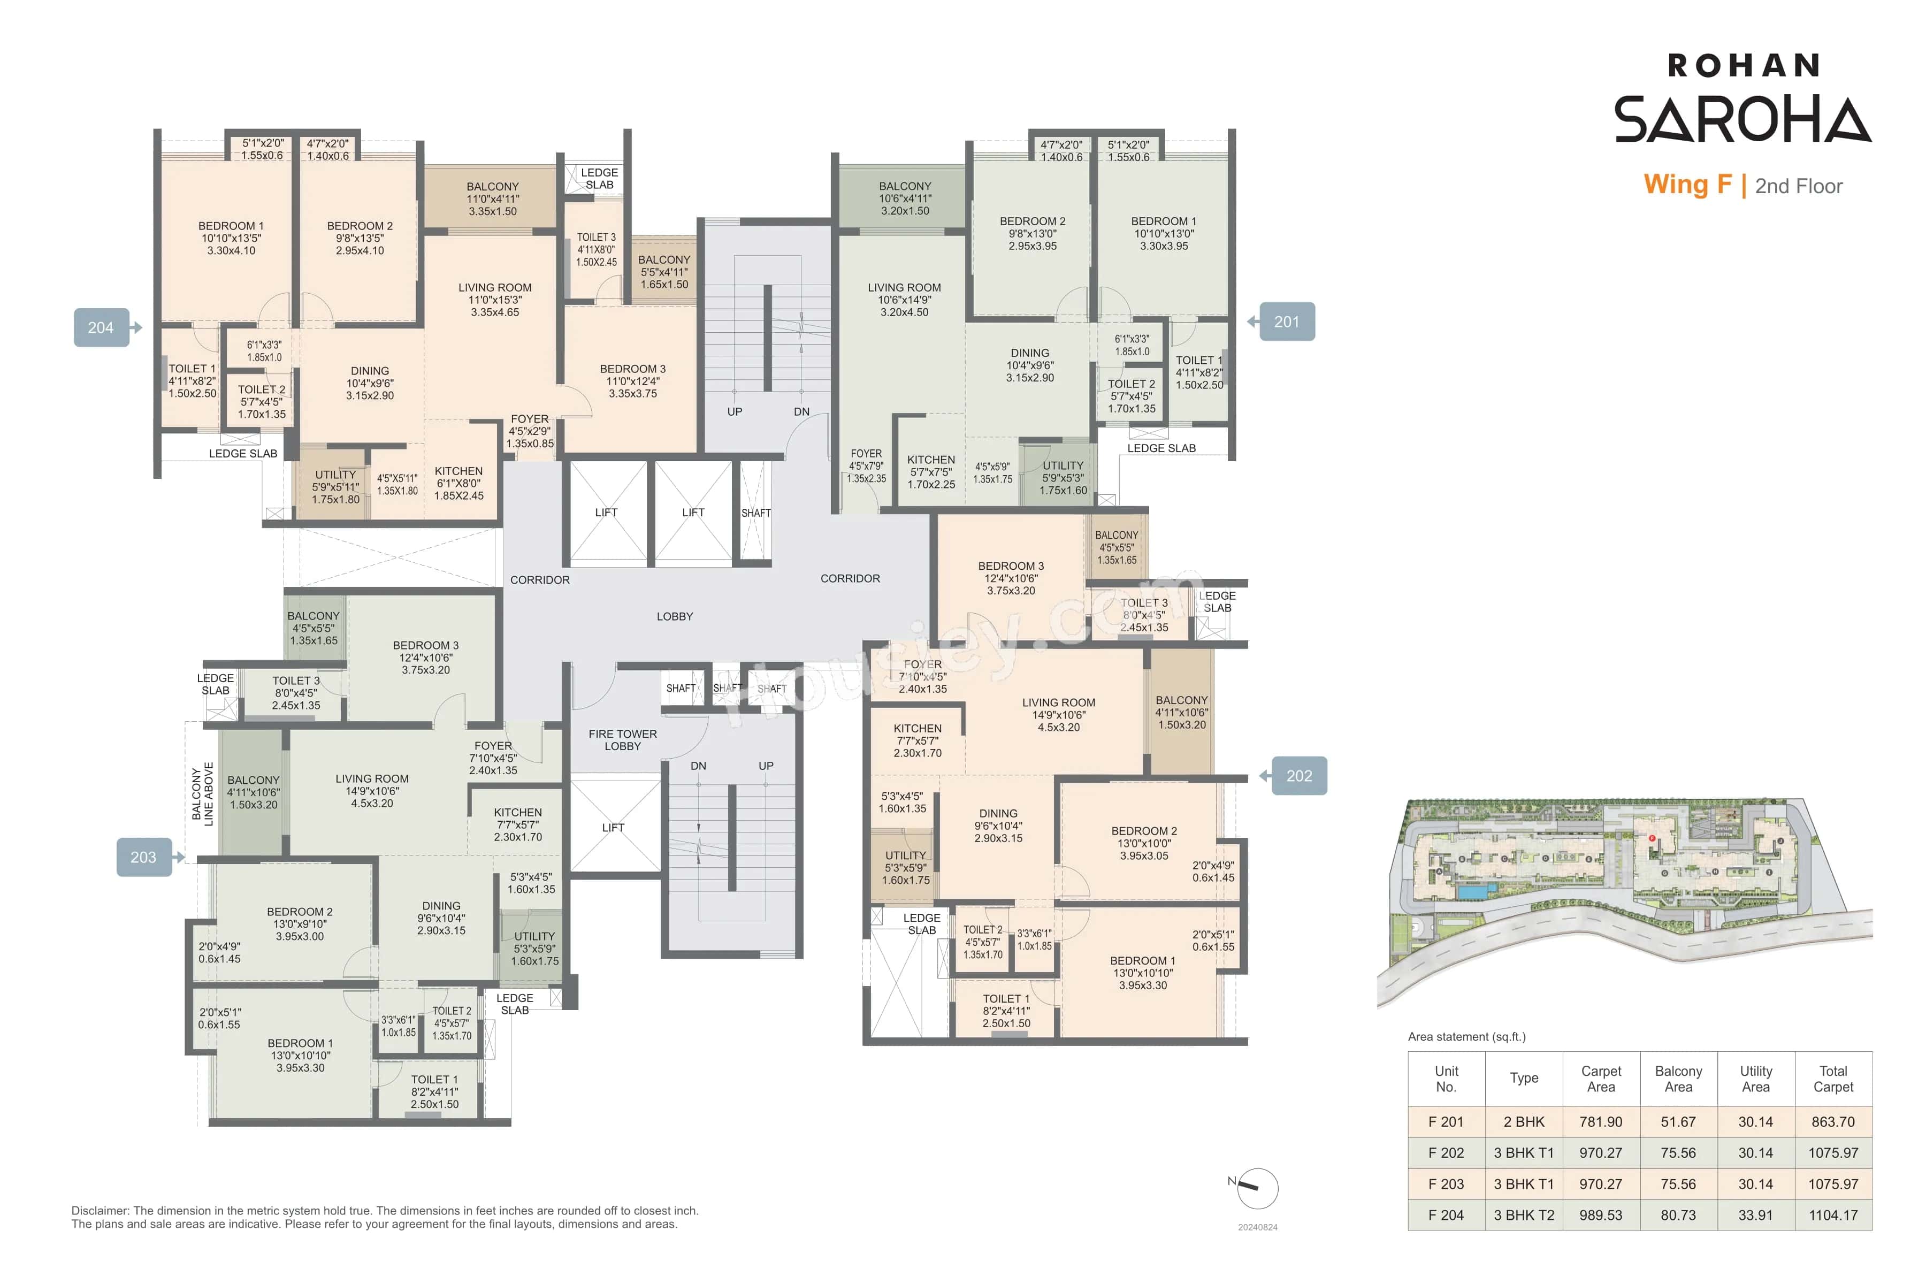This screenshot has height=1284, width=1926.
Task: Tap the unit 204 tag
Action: [101, 327]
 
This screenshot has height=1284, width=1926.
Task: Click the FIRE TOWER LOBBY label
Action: [622, 739]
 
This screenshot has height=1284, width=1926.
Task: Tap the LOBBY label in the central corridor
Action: [674, 617]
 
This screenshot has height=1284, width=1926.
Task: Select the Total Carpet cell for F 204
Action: [1833, 1215]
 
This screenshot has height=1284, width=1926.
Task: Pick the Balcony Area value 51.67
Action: [1678, 1122]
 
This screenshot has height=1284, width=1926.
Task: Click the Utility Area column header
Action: [1756, 1079]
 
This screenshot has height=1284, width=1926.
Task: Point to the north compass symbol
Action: [1256, 1188]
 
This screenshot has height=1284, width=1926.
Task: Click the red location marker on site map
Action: [1652, 838]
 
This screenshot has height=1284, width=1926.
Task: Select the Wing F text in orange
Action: [1687, 185]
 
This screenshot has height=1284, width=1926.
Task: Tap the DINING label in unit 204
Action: [369, 371]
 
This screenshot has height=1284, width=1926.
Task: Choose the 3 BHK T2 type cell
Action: [1523, 1215]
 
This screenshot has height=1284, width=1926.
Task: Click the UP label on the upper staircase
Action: [735, 412]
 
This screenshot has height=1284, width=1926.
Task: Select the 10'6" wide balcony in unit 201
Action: [904, 198]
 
